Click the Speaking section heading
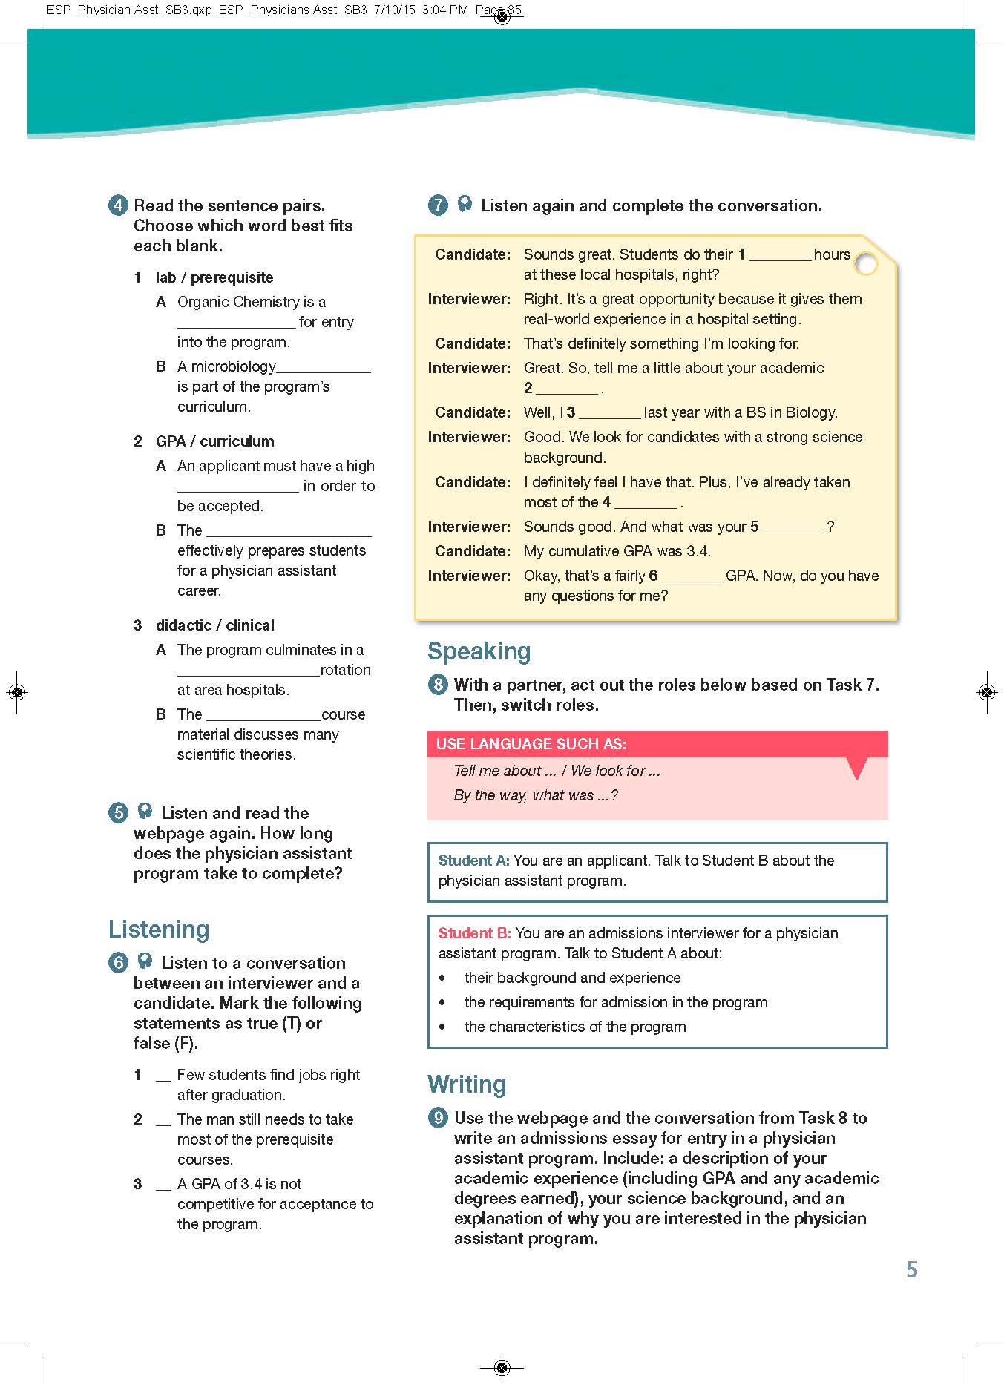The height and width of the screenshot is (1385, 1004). tap(479, 651)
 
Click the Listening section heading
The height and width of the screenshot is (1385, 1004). tap(159, 930)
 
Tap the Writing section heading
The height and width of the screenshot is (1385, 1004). tap(467, 1085)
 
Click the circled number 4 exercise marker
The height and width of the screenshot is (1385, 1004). tap(118, 205)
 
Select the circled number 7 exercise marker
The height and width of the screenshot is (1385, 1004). tap(438, 205)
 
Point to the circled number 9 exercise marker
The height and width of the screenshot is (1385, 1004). tap(438, 1118)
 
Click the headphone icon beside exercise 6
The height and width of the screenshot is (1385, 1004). tap(145, 961)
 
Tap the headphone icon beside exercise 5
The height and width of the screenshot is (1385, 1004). tap(145, 812)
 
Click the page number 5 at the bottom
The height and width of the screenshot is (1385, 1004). tap(912, 1270)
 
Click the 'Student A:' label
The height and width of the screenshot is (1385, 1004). tap(473, 861)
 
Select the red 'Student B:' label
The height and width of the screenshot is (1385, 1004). tap(474, 933)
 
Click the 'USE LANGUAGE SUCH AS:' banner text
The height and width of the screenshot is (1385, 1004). tap(531, 744)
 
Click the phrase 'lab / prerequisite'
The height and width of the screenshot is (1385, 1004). tap(214, 277)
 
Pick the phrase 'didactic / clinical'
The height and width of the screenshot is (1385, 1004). tap(214, 625)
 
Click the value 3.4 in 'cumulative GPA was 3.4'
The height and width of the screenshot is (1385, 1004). tap(698, 551)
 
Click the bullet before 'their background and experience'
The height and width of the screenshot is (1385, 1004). tap(443, 978)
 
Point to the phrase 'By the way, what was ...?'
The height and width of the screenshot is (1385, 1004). tap(535, 795)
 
